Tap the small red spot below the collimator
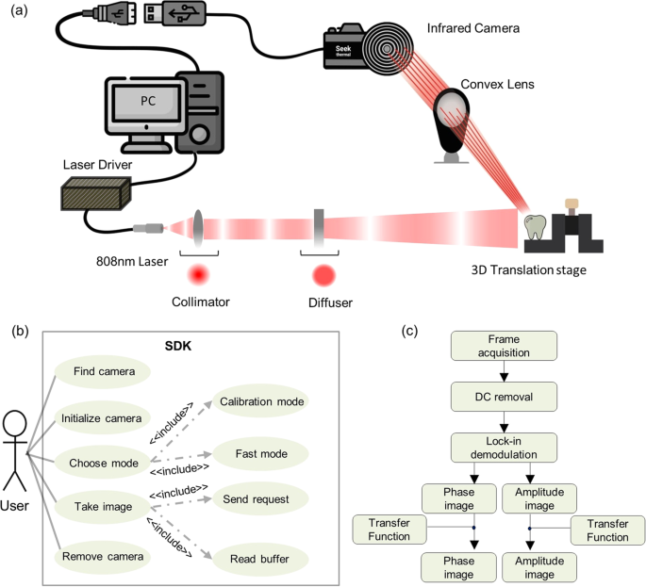pos(199,276)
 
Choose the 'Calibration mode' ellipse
pos(261,401)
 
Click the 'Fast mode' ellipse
pos(261,452)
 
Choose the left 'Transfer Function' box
pos(383,529)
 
